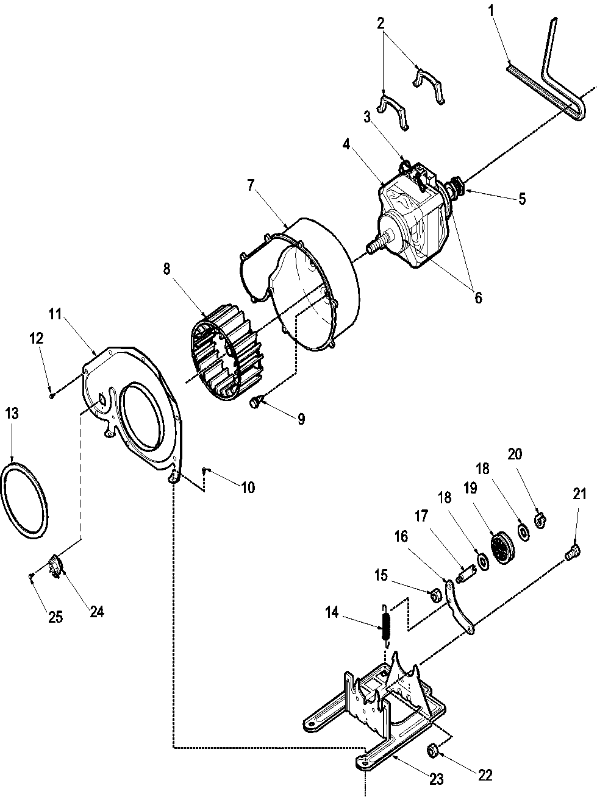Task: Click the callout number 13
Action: (12, 414)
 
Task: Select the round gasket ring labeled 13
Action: (25, 500)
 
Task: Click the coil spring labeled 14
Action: (385, 626)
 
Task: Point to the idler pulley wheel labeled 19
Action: (503, 548)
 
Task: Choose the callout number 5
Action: (522, 199)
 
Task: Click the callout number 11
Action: (55, 314)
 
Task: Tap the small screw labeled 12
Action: (52, 395)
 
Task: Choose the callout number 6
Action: (478, 297)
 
